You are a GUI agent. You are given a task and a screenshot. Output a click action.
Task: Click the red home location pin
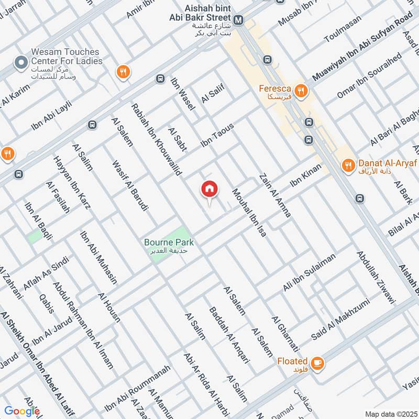pyautogui.click(x=210, y=190)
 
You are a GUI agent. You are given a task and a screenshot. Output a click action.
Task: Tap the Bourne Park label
pyautogui.click(x=169, y=242)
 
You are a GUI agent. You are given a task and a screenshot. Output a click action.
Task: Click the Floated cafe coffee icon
pyautogui.click(x=317, y=362)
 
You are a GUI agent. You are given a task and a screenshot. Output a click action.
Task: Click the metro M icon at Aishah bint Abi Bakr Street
pyautogui.click(x=238, y=20)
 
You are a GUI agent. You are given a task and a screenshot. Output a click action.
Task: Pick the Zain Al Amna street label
pyautogui.click(x=274, y=195)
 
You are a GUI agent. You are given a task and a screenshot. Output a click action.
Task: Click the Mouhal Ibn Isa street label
pyautogui.click(x=249, y=213)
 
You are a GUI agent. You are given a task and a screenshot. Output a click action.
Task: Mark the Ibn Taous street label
pyautogui.click(x=217, y=136)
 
